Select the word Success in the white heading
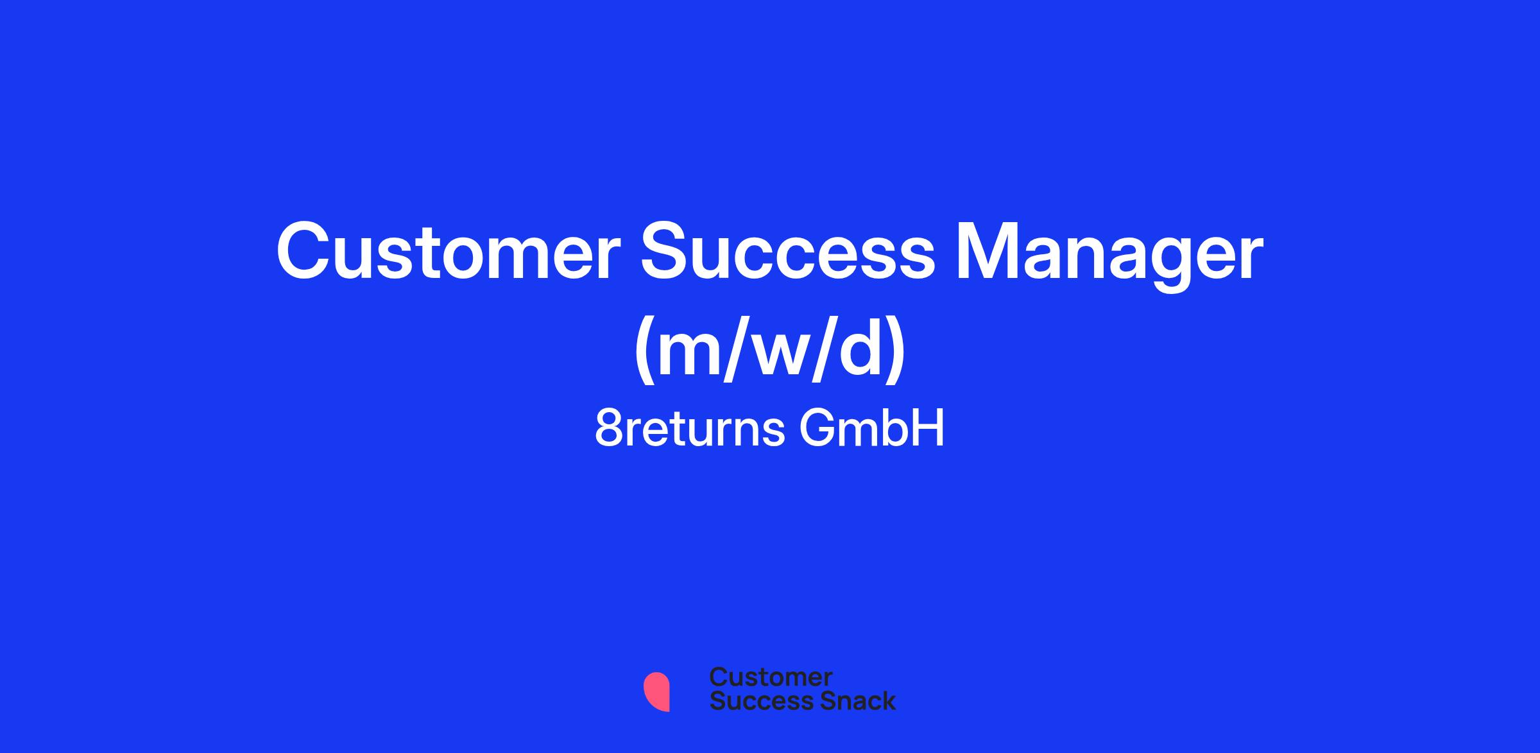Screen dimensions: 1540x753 point(788,252)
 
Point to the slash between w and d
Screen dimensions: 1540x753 point(825,350)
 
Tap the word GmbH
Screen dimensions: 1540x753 point(872,429)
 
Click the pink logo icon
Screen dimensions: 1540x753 point(657,691)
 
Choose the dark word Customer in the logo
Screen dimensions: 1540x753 point(771,677)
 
